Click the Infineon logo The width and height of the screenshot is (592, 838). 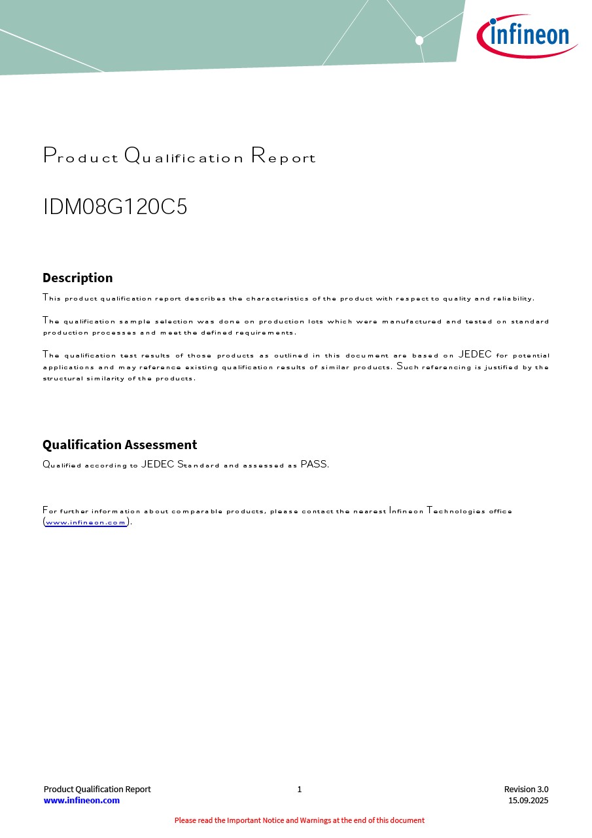[x=527, y=35]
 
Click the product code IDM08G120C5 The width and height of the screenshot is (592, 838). [x=115, y=207]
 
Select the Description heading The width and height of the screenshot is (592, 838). [x=77, y=278]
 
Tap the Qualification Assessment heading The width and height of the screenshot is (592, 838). [x=120, y=445]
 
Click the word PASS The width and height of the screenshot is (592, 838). [x=314, y=465]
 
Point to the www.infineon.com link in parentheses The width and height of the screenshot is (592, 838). [x=86, y=522]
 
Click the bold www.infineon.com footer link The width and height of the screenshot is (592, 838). [x=82, y=800]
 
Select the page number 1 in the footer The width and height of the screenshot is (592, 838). [x=300, y=789]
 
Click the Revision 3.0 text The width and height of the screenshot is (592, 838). [x=526, y=789]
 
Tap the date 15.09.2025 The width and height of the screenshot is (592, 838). [x=528, y=800]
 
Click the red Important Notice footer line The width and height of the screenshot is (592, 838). [x=299, y=820]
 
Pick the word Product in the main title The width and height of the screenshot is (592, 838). [x=81, y=156]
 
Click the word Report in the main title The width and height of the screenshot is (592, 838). [x=283, y=156]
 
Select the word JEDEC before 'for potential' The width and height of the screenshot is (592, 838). [x=475, y=355]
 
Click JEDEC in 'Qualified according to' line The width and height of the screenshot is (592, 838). [x=158, y=465]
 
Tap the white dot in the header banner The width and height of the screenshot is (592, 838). [x=419, y=41]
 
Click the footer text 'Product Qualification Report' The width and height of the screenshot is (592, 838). [x=97, y=789]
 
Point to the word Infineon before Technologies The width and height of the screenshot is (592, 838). [x=406, y=511]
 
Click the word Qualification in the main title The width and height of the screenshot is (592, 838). [x=184, y=156]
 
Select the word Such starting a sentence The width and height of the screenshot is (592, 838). [x=408, y=367]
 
